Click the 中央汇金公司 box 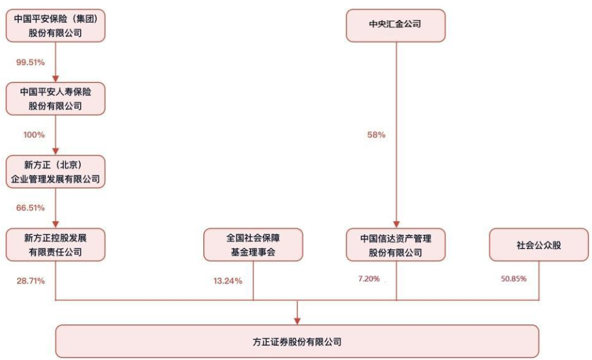click(396, 25)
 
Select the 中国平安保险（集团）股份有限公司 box click(56, 25)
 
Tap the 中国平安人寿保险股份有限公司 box click(56, 99)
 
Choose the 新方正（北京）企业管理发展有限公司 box click(56, 172)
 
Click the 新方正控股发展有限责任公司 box click(56, 245)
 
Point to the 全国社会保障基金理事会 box click(253, 245)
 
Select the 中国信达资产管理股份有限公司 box click(396, 245)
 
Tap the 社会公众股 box click(539, 245)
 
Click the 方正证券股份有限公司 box click(297, 341)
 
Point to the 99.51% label click(30, 63)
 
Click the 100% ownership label click(34, 135)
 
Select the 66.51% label click(30, 208)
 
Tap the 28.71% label click(30, 281)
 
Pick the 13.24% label click(228, 281)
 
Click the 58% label click(376, 135)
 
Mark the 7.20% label click(369, 279)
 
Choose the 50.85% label click(513, 279)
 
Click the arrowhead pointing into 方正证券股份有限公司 click(297, 321)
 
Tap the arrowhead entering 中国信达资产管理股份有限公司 click(396, 225)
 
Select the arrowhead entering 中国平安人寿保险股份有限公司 click(56, 79)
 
